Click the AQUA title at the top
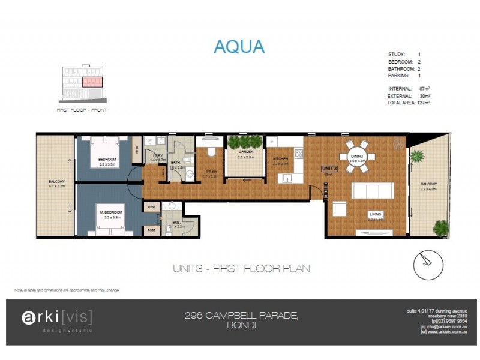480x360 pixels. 239,46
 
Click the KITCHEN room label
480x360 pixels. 281,160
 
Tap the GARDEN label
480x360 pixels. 246,152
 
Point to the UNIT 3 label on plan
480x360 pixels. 329,169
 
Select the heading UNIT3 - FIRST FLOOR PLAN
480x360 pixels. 241,268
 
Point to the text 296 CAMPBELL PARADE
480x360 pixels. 240,316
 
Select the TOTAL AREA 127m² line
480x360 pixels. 410,103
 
